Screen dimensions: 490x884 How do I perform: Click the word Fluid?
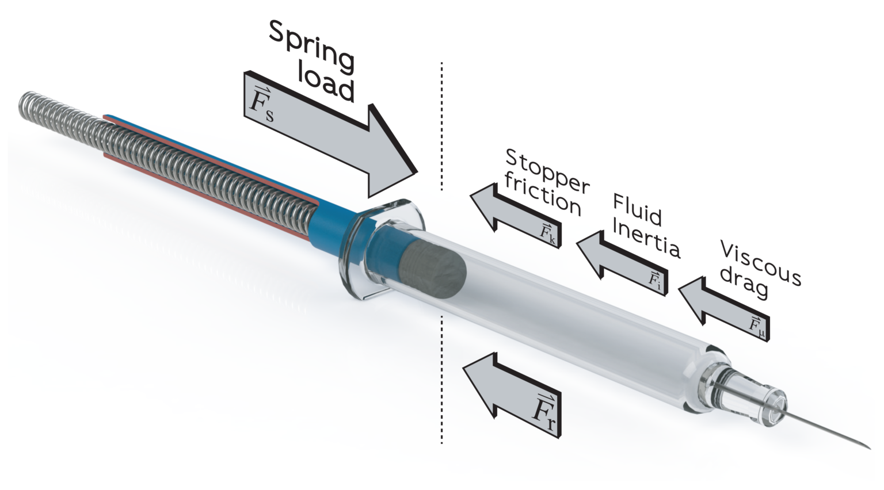point(637,209)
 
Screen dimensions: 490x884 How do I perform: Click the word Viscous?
point(760,263)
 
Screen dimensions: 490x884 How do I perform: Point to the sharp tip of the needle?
point(868,447)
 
